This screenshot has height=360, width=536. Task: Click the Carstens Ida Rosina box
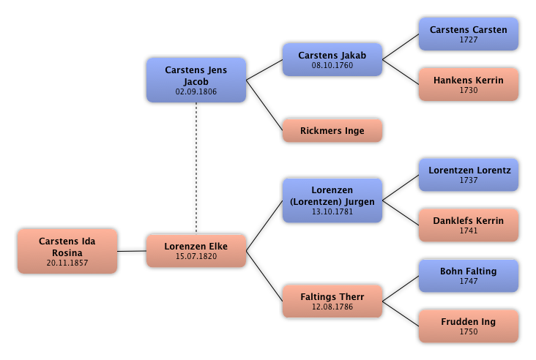(x=67, y=251)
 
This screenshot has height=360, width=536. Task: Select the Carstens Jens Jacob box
(x=196, y=80)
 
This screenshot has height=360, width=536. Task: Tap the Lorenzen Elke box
(x=196, y=250)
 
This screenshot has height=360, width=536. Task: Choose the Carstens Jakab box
(x=332, y=59)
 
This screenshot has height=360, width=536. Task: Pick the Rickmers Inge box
(x=332, y=131)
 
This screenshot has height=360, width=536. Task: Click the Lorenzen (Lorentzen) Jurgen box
(x=332, y=200)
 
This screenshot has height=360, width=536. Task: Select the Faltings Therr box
(x=332, y=301)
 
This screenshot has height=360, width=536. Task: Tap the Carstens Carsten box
(x=468, y=34)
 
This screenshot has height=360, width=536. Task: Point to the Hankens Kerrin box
(x=468, y=84)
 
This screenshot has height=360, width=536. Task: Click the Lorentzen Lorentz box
(x=468, y=174)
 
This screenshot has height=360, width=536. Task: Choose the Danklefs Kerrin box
(x=468, y=225)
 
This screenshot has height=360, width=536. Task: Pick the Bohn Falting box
(x=468, y=275)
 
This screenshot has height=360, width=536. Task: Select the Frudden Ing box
(x=468, y=326)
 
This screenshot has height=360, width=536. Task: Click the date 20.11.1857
(x=67, y=263)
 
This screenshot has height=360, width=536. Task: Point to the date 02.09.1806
(x=196, y=92)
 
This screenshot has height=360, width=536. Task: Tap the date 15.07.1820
(x=196, y=257)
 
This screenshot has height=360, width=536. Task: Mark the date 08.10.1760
(x=332, y=66)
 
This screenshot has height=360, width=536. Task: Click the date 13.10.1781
(x=332, y=212)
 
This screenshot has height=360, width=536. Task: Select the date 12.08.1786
(x=332, y=307)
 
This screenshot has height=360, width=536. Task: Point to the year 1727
(x=468, y=40)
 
